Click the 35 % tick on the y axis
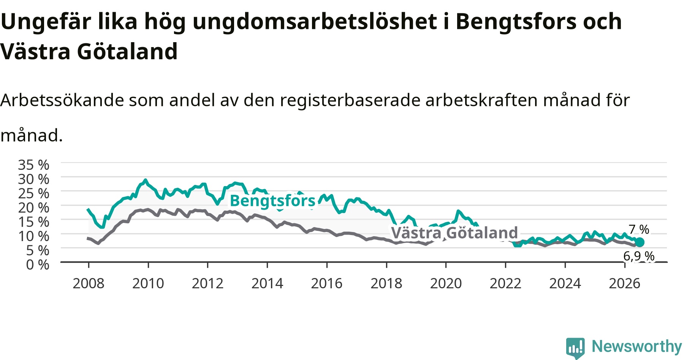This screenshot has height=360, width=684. coord(33,165)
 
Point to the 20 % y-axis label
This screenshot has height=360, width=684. coord(33,208)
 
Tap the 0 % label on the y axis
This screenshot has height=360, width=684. coord(38,265)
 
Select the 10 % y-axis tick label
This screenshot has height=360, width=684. coord(33,236)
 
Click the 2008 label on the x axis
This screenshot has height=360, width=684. coord(89,283)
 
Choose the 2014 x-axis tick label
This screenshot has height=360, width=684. coord(267,283)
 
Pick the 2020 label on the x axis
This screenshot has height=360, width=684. coord(446,283)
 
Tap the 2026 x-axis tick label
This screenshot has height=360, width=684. coord(625,283)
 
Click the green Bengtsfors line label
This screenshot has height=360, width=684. coord(272,201)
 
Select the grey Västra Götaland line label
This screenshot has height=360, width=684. coord(454,233)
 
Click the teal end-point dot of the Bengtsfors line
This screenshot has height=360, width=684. coord(640,242)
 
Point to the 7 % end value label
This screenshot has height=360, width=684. coord(639,230)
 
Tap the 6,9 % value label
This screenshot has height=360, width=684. coord(639,256)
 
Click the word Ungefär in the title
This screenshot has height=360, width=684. coord(46,22)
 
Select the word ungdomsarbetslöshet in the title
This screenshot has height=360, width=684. coord(315,22)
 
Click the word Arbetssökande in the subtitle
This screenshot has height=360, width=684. coord(62,100)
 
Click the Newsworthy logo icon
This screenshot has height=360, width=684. coord(575,348)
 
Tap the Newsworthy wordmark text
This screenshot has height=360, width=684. coord(637,346)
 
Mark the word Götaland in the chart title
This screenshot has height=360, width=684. coord(127,52)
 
